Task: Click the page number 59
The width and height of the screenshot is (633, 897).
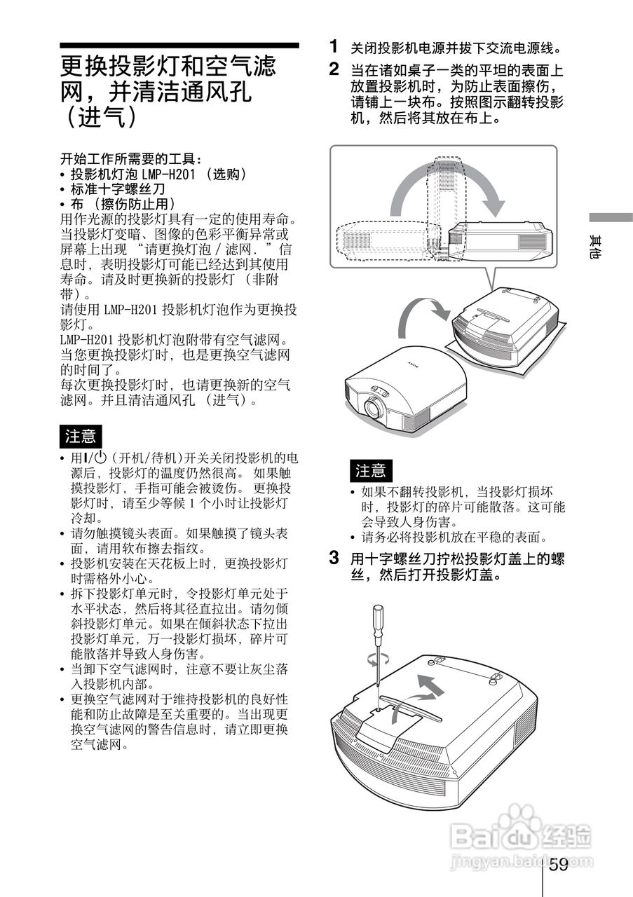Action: click(559, 865)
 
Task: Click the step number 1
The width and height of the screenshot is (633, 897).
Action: click(335, 47)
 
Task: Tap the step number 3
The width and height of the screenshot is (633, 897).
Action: click(335, 559)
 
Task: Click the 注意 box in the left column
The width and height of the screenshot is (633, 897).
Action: click(81, 436)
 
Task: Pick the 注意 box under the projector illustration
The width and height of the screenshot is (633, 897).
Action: click(371, 470)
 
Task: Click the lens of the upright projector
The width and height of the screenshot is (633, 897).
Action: click(372, 407)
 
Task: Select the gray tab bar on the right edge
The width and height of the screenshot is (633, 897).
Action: click(610, 218)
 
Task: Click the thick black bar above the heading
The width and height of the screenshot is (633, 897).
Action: click(179, 46)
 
